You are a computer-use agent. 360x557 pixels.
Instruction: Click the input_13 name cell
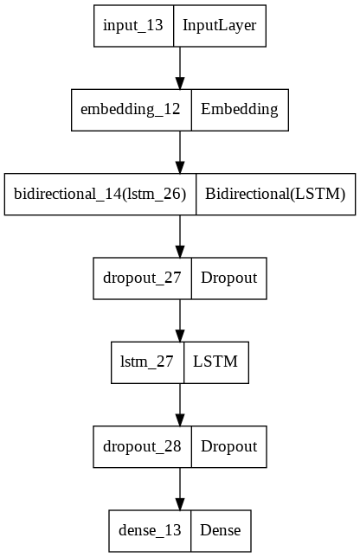pos(133,26)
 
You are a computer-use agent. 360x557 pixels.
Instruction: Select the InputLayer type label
pos(219,26)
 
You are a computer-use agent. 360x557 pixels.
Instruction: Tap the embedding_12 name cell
pos(132,110)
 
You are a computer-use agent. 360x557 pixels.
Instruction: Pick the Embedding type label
pos(240,109)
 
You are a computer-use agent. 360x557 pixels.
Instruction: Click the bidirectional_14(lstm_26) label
pos(100,194)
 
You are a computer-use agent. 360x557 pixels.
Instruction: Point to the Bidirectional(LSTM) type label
pos(275,194)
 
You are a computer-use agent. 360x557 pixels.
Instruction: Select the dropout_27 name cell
pos(143,278)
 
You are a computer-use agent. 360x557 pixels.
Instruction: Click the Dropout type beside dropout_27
pos(228,278)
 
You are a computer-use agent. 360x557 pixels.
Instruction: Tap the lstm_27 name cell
pos(147,362)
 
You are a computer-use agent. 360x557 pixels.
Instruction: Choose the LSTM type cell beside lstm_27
pos(216,362)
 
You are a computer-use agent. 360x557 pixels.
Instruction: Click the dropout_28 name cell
pos(143,447)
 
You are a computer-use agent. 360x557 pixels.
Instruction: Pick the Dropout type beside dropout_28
pos(228,446)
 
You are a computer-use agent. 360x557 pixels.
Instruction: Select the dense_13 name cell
pos(150,531)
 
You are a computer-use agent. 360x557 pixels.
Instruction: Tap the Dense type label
pos(221,530)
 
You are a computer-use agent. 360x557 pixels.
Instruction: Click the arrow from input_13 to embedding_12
pos(180,67)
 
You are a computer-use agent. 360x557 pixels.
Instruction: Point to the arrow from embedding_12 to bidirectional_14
pos(180,152)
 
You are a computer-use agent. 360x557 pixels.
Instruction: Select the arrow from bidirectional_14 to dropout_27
pos(180,236)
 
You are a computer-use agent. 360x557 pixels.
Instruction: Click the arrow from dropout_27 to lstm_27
pos(180,320)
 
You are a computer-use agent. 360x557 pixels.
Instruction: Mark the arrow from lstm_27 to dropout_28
pos(180,405)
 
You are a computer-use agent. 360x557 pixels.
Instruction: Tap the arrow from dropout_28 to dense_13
pos(180,489)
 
